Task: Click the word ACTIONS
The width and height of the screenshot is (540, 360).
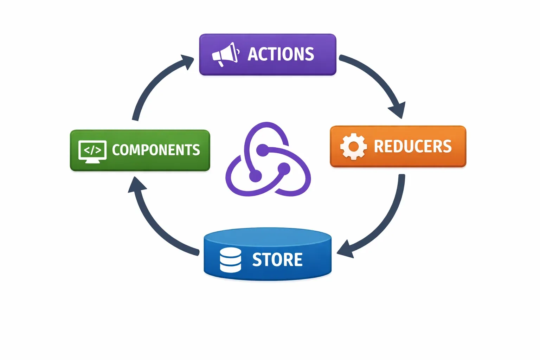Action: coord(281,54)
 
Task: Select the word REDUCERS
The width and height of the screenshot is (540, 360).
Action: coord(412,146)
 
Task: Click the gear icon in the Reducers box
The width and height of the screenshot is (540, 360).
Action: coord(353,146)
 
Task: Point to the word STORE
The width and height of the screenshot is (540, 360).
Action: coord(277,260)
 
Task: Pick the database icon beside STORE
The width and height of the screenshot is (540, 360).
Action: coord(230,260)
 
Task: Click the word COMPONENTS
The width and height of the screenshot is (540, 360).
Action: coord(156,150)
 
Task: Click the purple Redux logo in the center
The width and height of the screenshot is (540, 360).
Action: coord(268,160)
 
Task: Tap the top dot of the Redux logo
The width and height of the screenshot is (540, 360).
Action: coord(262,150)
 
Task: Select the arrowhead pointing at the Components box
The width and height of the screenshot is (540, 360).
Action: coord(136,186)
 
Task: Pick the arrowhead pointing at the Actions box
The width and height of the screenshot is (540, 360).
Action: coord(186,62)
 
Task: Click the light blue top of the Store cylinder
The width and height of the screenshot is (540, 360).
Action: coord(268,237)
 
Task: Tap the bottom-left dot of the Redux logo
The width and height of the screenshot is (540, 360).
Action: coord(256,176)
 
